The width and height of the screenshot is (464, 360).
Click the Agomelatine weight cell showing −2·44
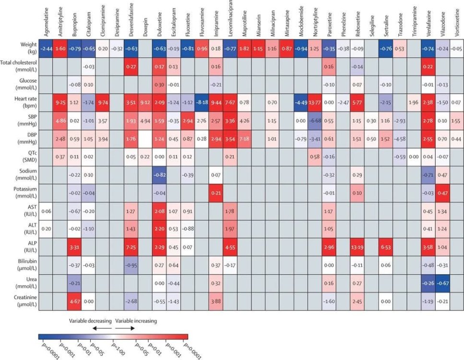pos(46,49)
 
